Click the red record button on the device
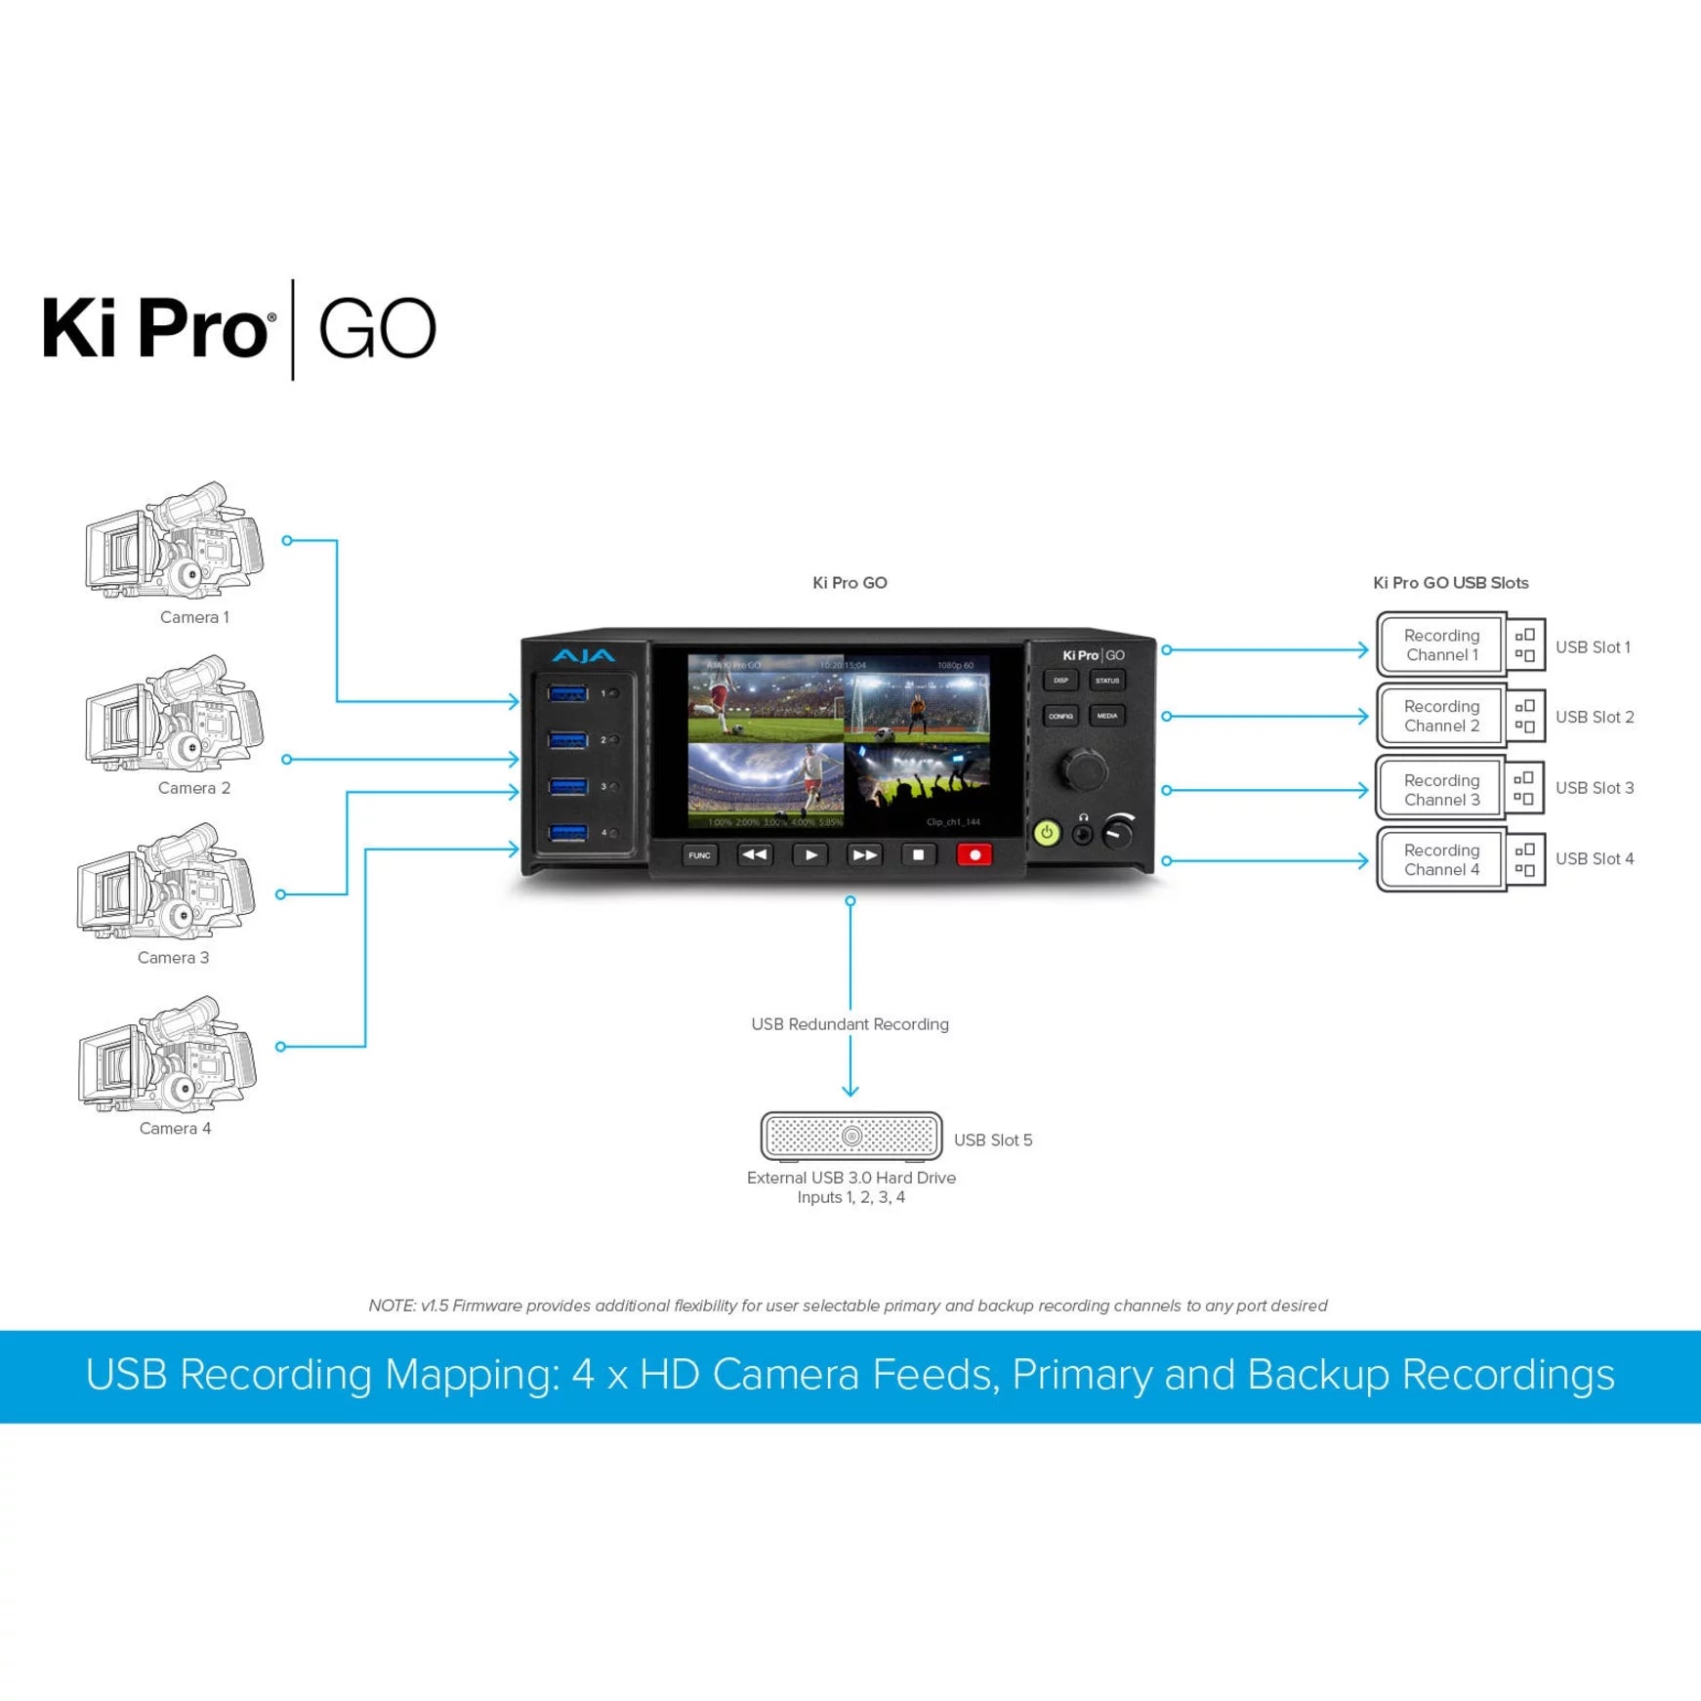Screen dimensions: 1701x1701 [975, 855]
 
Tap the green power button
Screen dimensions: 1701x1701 [1047, 833]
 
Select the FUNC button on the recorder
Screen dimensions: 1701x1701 [699, 855]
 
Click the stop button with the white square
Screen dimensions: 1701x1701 [918, 855]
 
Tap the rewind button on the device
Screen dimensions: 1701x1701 [754, 855]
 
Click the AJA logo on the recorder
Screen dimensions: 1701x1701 [583, 656]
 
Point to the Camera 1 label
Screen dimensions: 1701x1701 [194, 617]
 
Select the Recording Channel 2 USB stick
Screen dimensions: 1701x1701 [1460, 716]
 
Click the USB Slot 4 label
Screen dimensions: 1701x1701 [1594, 859]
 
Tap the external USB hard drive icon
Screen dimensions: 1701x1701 [851, 1136]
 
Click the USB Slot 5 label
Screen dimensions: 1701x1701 [992, 1141]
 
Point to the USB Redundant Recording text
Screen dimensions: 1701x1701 [850, 1024]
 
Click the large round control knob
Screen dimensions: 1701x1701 [1084, 769]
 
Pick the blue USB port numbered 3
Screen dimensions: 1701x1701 [567, 786]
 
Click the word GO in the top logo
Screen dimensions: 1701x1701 [377, 330]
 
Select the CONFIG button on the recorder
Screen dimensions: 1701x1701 [1060, 716]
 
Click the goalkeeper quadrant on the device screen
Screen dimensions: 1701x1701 [917, 699]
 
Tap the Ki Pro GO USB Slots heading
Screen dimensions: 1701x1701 [1450, 583]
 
